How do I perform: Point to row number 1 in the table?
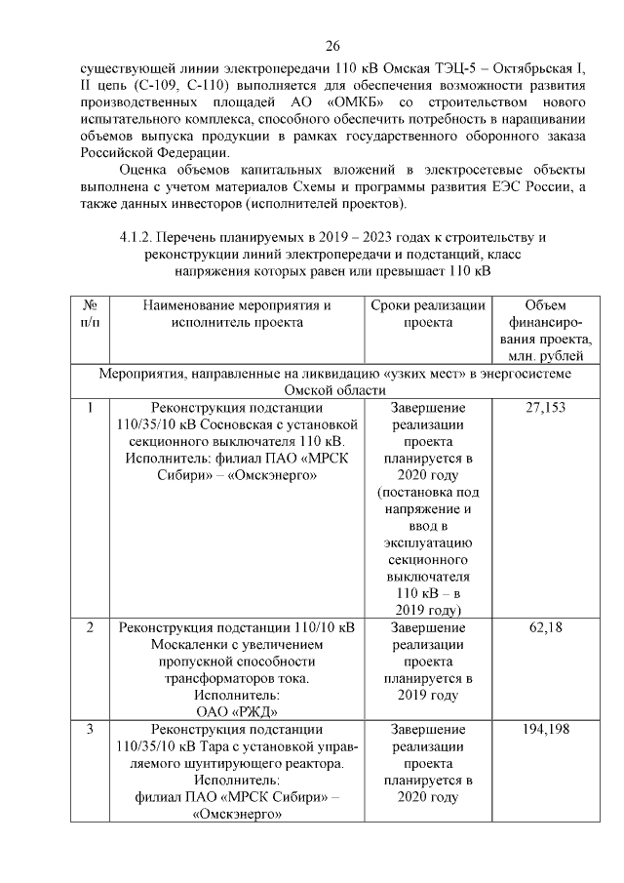[x=90, y=408]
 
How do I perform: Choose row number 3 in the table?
[x=90, y=730]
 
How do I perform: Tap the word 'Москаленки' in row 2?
[x=194, y=645]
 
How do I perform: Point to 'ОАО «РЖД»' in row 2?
[x=238, y=712]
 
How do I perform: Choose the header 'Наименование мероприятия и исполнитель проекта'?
[x=238, y=313]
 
